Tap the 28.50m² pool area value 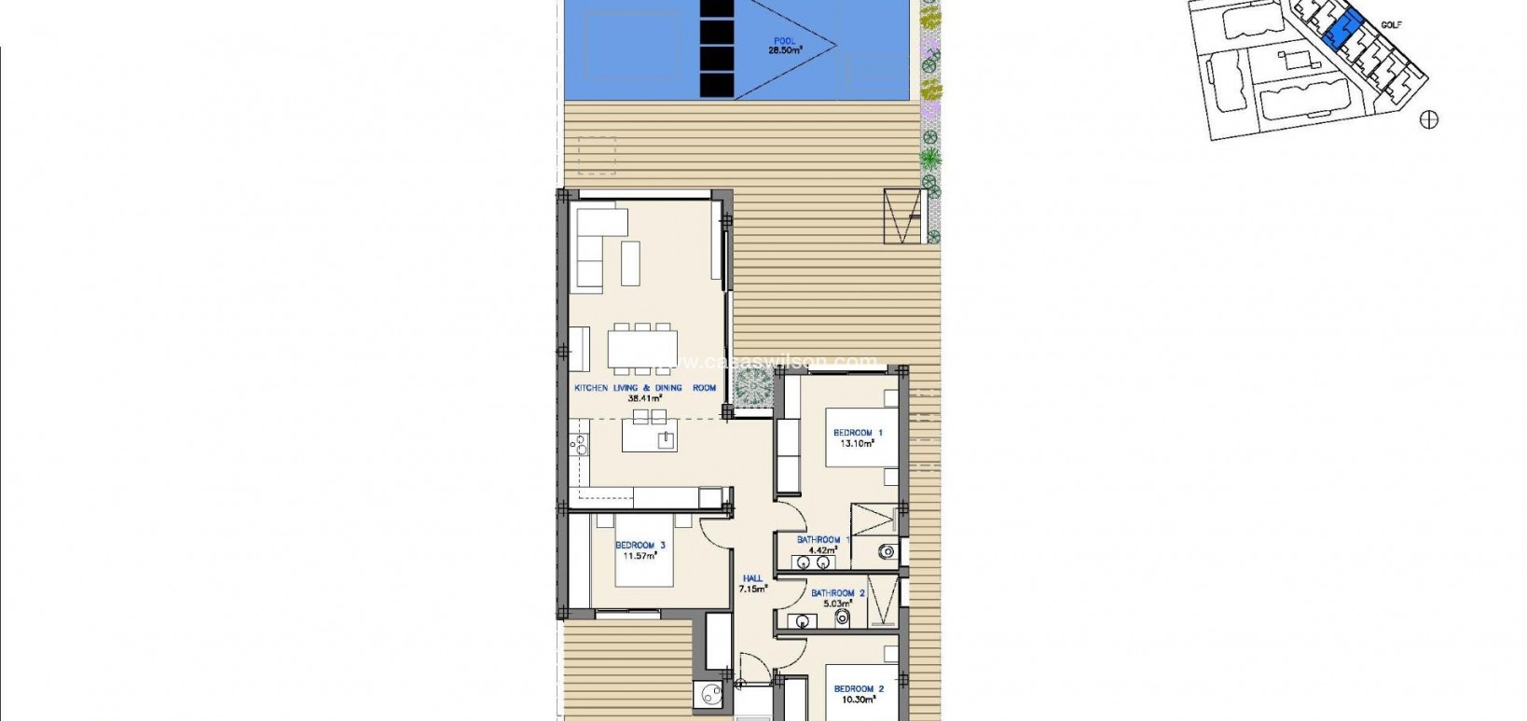786,50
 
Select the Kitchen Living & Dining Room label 645,388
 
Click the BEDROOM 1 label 858,433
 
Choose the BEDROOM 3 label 640,546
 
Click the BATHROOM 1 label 823,539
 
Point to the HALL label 752,578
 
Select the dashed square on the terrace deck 597,155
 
